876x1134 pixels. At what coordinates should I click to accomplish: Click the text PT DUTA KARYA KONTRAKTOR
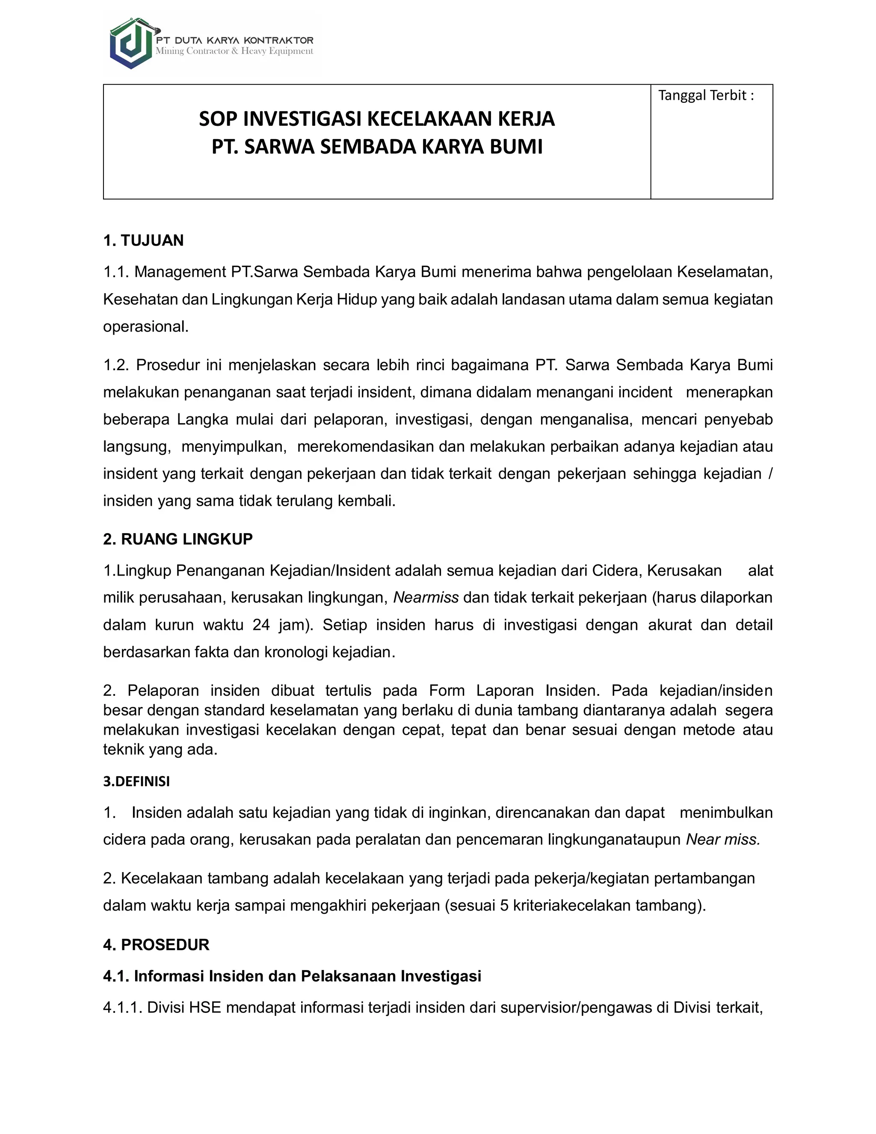coord(234,40)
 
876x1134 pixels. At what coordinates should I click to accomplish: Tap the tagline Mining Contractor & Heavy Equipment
coord(234,51)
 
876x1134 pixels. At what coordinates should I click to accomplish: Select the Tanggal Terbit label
coord(705,95)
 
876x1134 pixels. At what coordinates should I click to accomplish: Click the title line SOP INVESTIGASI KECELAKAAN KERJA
coord(377,119)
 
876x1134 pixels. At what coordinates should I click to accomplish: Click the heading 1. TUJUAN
coord(143,240)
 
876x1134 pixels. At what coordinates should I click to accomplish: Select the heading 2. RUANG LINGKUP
coord(178,539)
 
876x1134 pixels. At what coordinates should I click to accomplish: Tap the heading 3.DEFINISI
coord(136,781)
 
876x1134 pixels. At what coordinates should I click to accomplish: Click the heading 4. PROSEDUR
coord(156,944)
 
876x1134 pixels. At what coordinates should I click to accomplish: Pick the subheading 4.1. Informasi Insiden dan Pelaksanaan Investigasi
coord(292,976)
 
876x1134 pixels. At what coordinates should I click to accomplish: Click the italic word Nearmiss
coord(426,598)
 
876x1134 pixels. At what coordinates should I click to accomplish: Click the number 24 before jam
coord(261,625)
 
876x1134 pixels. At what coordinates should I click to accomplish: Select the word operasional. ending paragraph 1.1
coord(146,327)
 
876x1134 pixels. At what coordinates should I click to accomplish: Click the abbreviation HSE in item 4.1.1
coord(205,1008)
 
